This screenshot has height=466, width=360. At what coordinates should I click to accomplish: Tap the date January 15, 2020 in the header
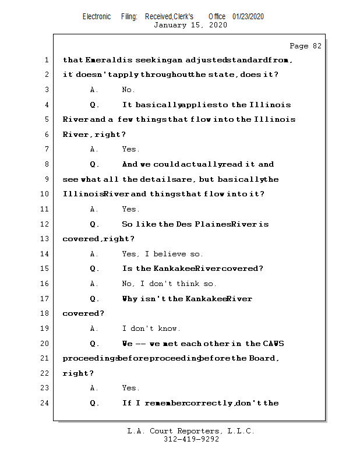pyautogui.click(x=190, y=25)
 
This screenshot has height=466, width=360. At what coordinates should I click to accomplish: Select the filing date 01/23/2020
pyautogui.click(x=248, y=16)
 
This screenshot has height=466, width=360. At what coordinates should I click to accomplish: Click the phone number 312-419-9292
pyautogui.click(x=191, y=440)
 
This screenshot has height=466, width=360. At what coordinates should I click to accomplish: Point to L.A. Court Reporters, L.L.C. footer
pyautogui.click(x=191, y=432)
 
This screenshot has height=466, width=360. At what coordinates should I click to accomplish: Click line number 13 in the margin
pyautogui.click(x=45, y=239)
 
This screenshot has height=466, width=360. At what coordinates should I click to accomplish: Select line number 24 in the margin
pyautogui.click(x=45, y=403)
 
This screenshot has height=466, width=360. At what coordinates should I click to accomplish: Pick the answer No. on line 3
pyautogui.click(x=128, y=90)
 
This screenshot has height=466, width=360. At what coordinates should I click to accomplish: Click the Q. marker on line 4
pyautogui.click(x=95, y=105)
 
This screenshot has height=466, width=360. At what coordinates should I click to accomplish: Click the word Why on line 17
pyautogui.click(x=130, y=299)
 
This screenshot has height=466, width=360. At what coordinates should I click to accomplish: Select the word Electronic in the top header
pyautogui.click(x=97, y=16)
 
